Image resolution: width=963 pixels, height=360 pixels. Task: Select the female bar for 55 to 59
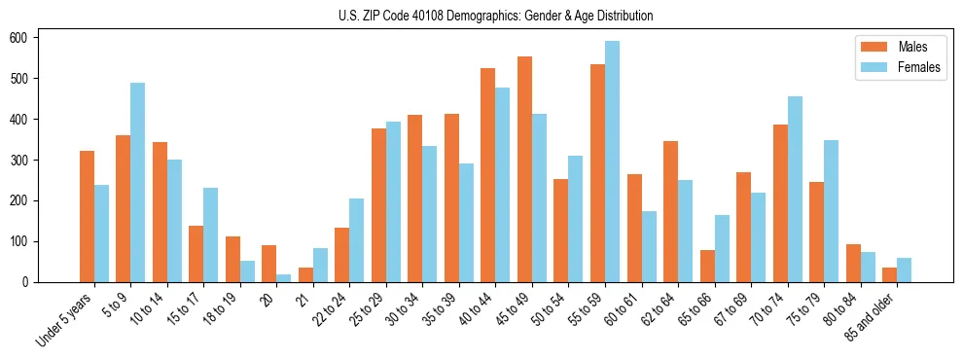[612, 162]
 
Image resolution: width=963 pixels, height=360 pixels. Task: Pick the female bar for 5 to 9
[138, 183]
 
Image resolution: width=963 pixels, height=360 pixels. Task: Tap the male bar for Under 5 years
[87, 216]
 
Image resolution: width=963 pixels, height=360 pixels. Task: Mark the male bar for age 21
[305, 275]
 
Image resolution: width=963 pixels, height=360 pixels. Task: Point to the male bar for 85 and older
[889, 275]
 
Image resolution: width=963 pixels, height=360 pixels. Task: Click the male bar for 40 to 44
[488, 175]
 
